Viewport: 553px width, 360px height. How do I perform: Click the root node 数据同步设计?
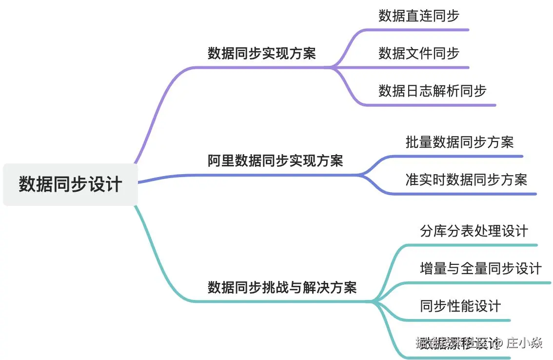pyautogui.click(x=70, y=185)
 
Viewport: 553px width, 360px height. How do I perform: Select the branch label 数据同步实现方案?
pyautogui.click(x=262, y=53)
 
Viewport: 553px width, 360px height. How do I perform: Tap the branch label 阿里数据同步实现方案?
pyautogui.click(x=275, y=160)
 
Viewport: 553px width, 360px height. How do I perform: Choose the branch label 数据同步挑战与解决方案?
pyautogui.click(x=282, y=287)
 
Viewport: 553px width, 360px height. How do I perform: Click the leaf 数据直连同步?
pyautogui.click(x=418, y=16)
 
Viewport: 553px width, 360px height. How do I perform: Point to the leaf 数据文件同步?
pyautogui.click(x=418, y=53)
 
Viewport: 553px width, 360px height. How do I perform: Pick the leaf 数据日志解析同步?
pyautogui.click(x=432, y=91)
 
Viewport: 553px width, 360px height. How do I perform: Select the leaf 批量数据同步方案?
pyautogui.click(x=459, y=142)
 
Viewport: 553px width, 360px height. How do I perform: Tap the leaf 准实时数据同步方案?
pyautogui.click(x=466, y=180)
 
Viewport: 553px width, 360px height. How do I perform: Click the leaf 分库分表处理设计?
pyautogui.click(x=474, y=231)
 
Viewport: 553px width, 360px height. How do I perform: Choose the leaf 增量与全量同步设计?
pyautogui.click(x=480, y=268)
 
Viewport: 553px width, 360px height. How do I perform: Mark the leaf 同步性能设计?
pyautogui.click(x=460, y=306)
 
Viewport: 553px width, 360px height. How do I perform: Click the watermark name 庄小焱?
pyautogui.click(x=524, y=343)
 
